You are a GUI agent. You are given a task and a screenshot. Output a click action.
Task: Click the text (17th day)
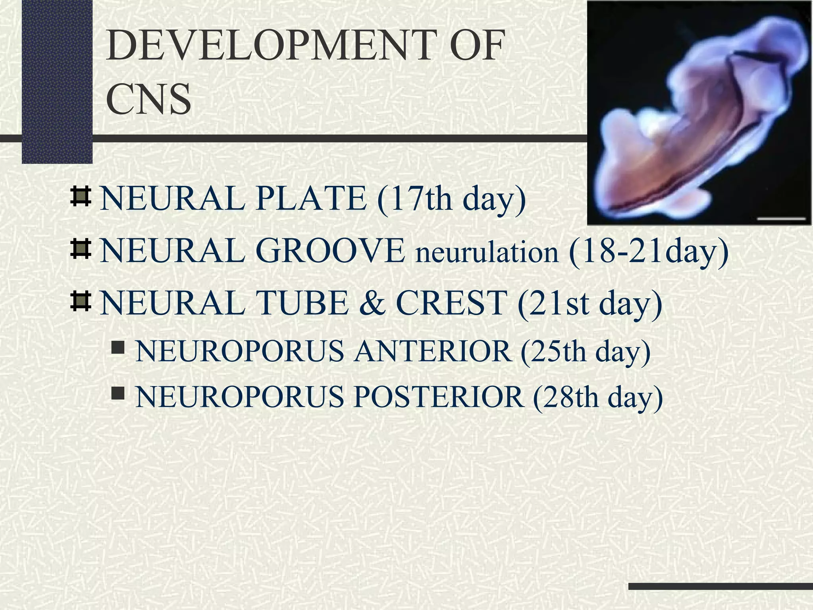point(451,199)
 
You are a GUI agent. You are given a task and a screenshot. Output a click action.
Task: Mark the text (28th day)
point(597,398)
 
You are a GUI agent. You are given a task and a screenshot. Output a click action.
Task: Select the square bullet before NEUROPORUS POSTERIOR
point(118,394)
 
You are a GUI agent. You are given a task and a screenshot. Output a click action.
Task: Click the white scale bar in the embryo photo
point(781,218)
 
